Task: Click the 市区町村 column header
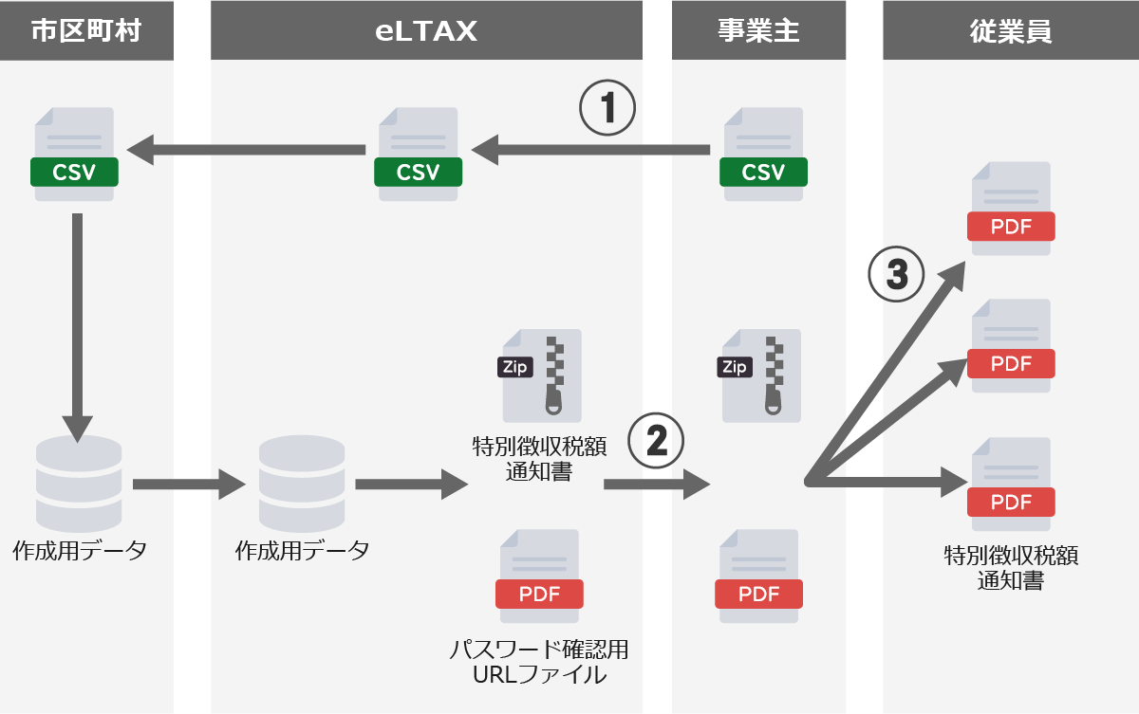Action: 86,31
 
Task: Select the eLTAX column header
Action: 426,31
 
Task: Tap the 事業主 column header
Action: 758,31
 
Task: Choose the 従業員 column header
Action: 1010,31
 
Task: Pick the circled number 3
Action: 896,275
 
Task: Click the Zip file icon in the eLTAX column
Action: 541,375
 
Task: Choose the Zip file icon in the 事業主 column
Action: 761,375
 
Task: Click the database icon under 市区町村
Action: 73,484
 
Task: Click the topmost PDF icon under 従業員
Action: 1011,209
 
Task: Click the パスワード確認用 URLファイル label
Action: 539,663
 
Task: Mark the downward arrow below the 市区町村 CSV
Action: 77,322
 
